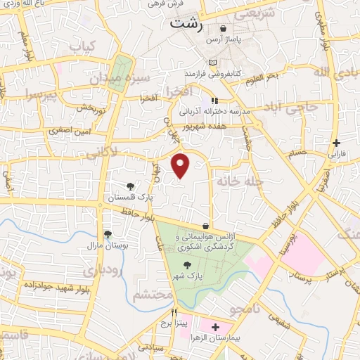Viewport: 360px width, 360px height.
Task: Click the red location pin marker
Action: point(181,165)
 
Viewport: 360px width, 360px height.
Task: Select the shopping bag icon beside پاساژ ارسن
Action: point(224,29)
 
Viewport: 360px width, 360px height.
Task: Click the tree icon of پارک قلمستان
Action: point(131,186)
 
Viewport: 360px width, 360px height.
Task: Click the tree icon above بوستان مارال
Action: point(107,235)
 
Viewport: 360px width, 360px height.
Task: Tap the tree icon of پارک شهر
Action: point(186,265)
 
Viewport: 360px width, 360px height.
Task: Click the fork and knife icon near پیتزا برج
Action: point(174,314)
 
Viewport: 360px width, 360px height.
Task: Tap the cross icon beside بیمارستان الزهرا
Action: point(215,328)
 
